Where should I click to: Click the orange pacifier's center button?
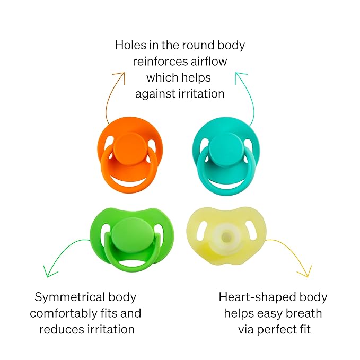tap(130, 149)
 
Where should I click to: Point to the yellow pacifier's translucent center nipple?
tap(226, 236)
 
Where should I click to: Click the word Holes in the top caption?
tap(130, 45)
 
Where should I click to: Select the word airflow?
tap(209, 62)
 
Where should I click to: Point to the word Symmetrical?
tap(70, 297)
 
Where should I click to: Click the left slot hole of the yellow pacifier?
tap(202, 230)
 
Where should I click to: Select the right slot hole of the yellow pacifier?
tap(250, 230)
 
